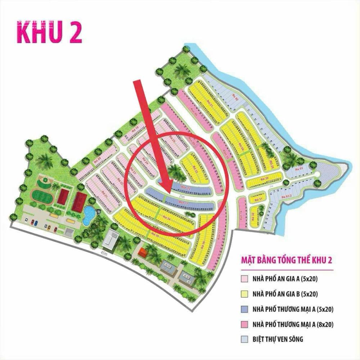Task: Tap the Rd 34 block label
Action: (x=166, y=217)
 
